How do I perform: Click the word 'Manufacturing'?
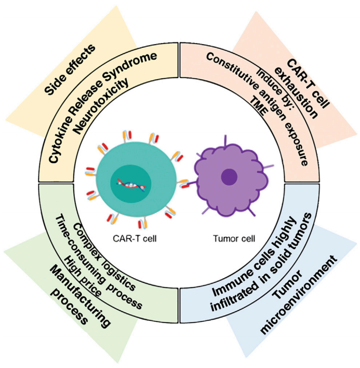(x=78, y=294)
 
